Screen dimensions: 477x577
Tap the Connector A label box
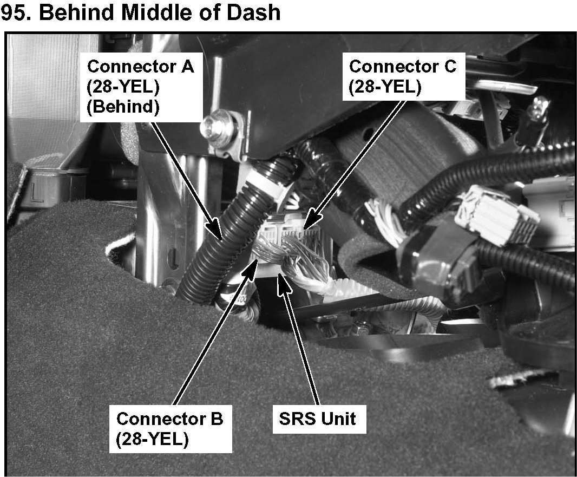point(141,87)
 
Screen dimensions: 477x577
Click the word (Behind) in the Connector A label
point(123,107)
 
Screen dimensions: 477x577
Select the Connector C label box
point(403,76)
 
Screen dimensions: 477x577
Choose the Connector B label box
point(170,428)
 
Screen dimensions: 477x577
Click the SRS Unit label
point(318,419)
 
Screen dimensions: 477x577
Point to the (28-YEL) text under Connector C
point(385,87)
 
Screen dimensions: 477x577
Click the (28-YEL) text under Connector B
point(152,439)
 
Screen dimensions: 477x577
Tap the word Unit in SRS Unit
point(339,419)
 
